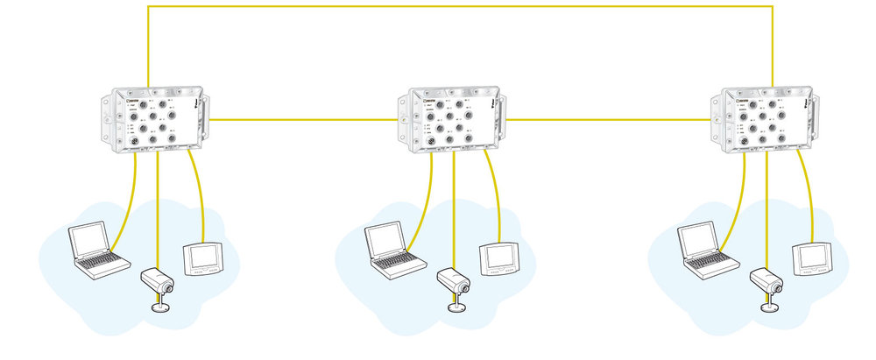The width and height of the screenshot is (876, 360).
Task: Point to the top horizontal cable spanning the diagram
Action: pos(456,7)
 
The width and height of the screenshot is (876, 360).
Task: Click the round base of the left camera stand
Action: pos(159,307)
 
